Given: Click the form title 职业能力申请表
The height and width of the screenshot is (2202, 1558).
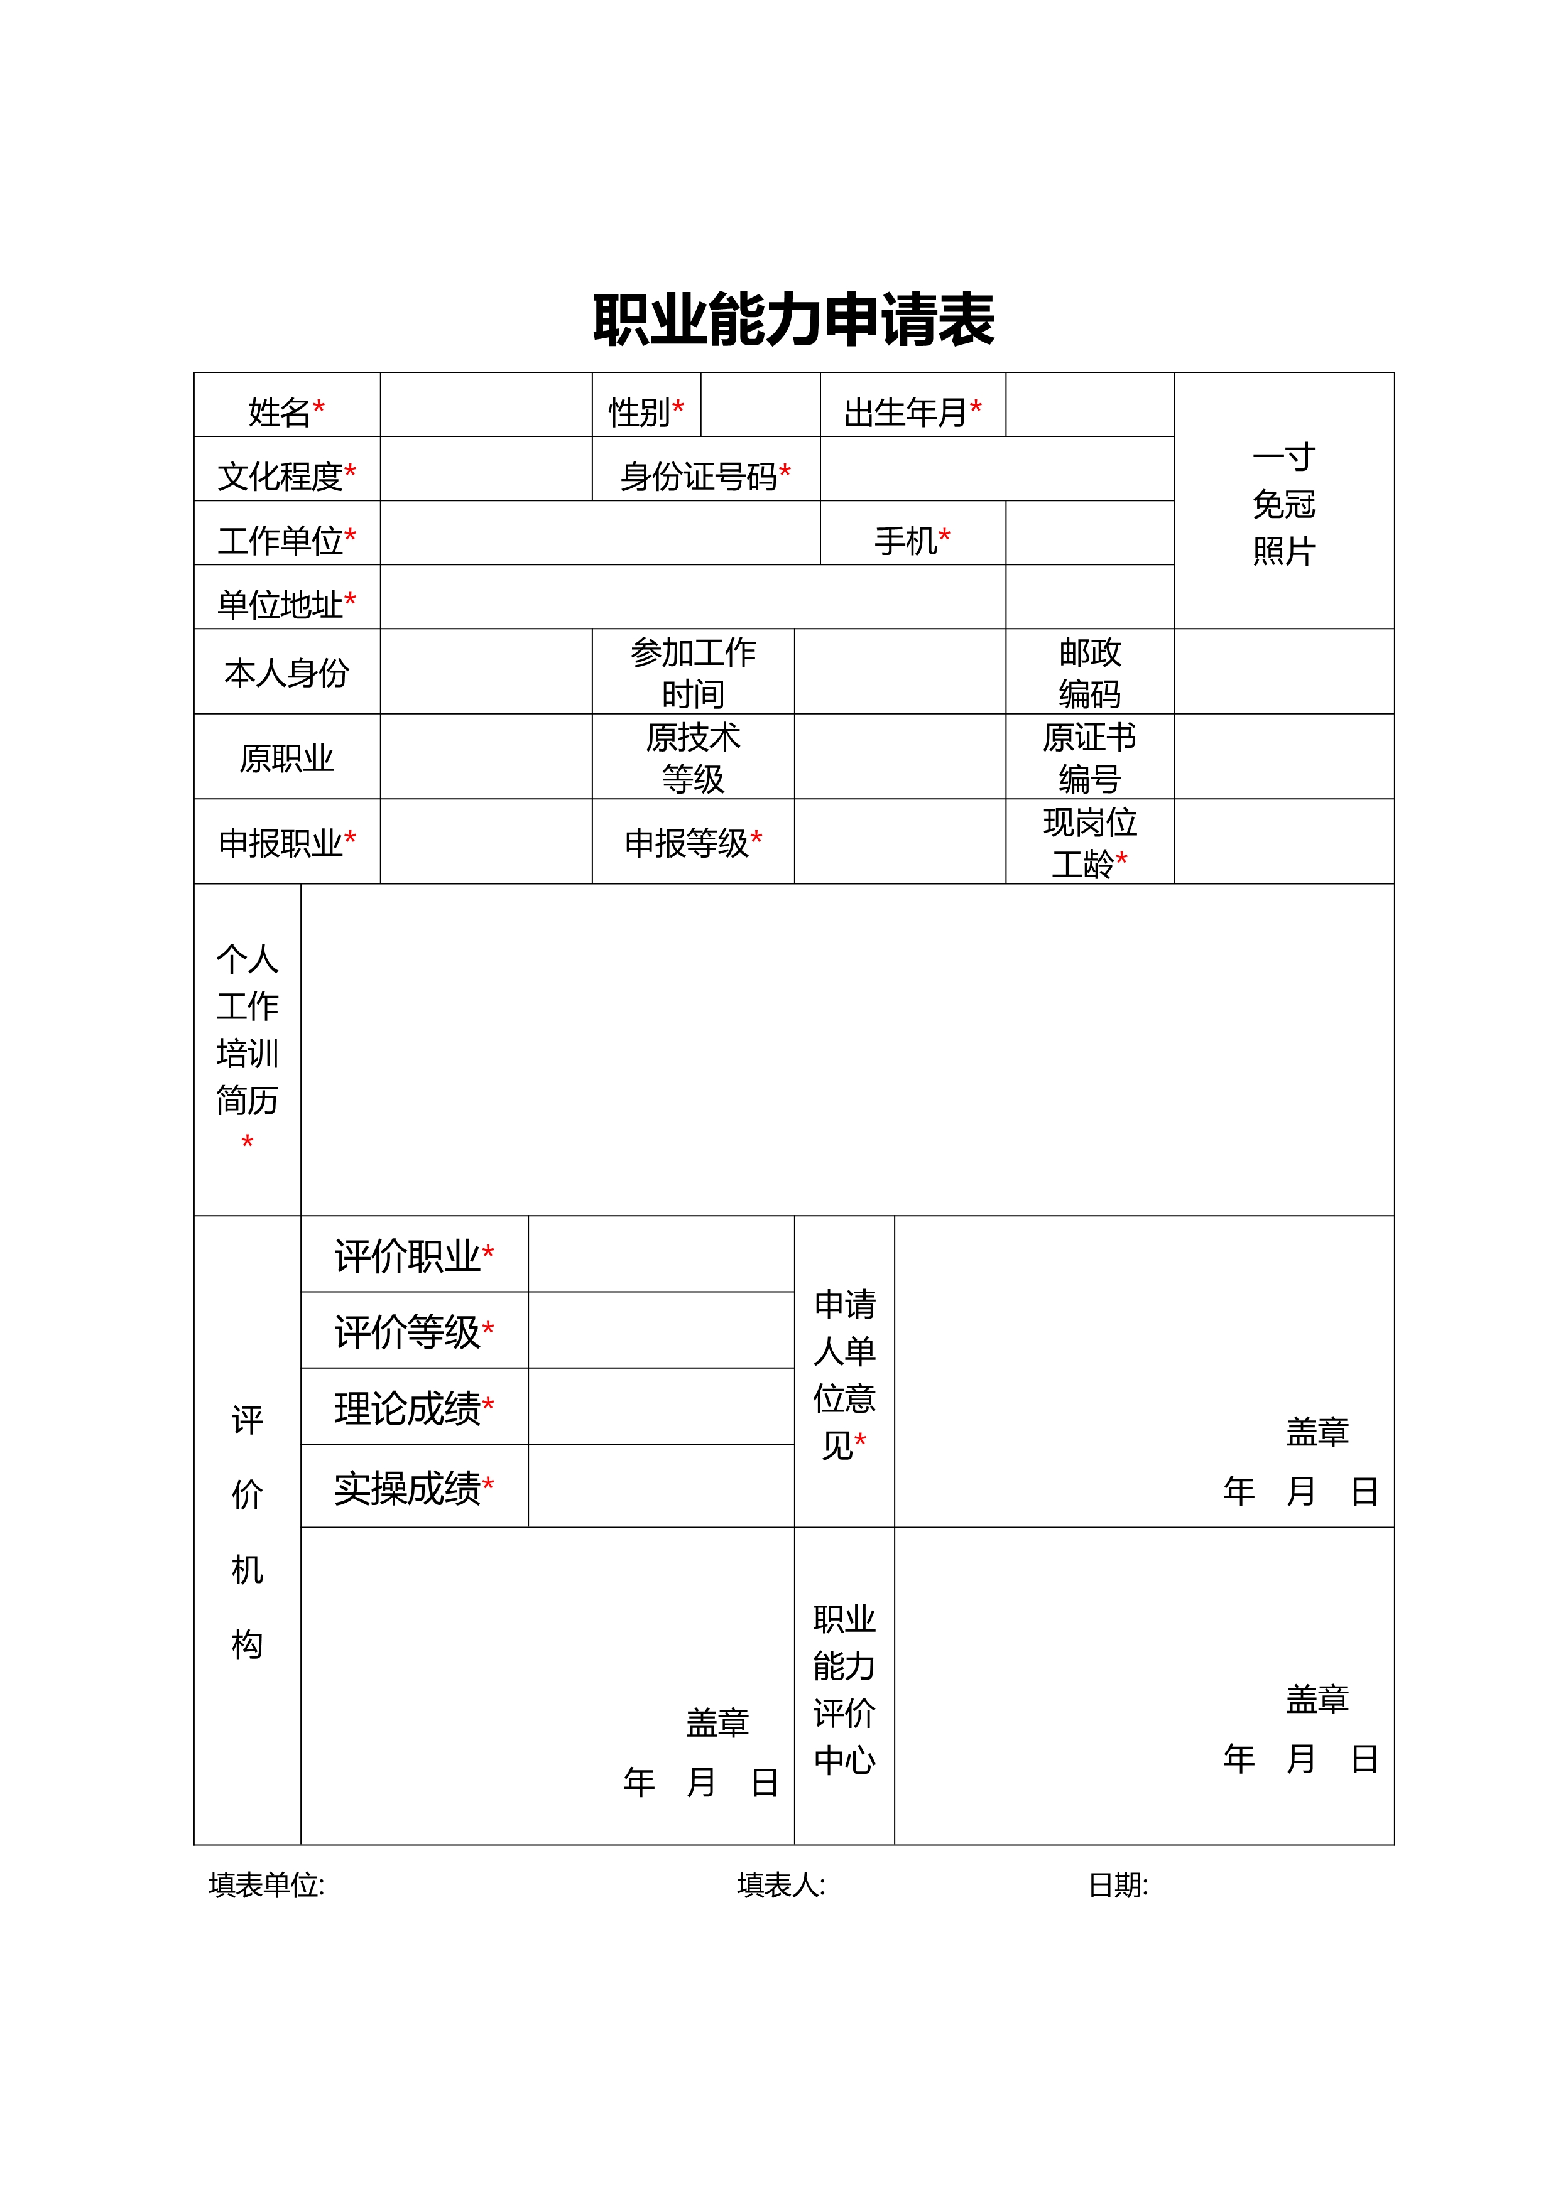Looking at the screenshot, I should [x=793, y=320].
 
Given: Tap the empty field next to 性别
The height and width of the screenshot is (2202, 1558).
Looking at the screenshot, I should [x=760, y=406].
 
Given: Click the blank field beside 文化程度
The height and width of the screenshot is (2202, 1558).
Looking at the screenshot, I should [x=486, y=469].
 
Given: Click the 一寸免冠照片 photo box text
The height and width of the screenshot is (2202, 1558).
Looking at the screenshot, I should [x=1283, y=504].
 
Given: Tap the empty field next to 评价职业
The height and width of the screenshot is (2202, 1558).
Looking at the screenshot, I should [x=661, y=1255].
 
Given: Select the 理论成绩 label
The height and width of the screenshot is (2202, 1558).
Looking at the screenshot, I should [x=413, y=1408].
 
